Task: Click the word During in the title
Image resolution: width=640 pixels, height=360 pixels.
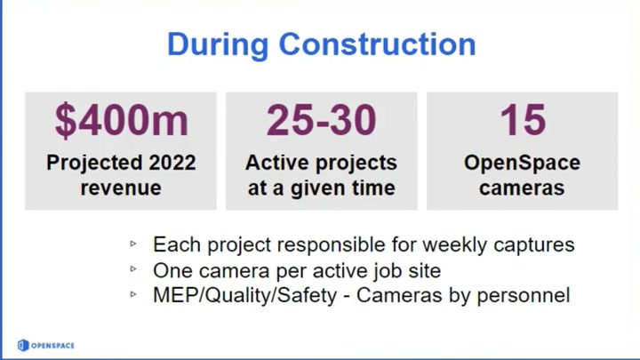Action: pos(218,45)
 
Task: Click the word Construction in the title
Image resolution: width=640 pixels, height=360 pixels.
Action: pos(378,44)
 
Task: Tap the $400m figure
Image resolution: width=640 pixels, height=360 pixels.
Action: pos(122,120)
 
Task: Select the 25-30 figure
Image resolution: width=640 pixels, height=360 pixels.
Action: pos(321,120)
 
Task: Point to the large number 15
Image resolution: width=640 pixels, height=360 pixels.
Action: pos(523,120)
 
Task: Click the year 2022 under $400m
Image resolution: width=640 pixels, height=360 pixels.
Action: pos(172,163)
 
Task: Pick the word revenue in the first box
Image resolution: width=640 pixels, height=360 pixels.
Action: pos(121,188)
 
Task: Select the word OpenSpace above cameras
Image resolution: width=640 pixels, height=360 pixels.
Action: pos(522,164)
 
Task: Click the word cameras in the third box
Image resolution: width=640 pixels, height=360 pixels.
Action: pos(522,188)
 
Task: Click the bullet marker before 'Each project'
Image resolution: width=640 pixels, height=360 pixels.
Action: pos(133,244)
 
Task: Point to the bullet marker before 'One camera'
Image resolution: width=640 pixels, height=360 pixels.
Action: pos(133,269)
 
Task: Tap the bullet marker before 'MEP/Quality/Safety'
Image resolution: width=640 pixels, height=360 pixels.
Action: pos(133,294)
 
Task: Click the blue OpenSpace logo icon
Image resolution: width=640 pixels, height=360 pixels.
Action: pos(23,345)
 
